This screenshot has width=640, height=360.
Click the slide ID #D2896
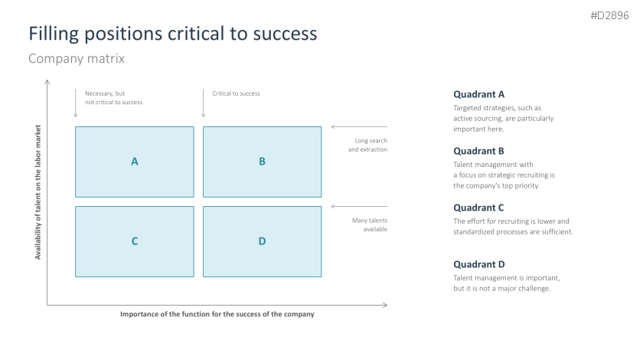click(609, 15)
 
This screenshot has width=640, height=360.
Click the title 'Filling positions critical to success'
click(172, 34)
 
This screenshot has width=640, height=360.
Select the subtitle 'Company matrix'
click(76, 59)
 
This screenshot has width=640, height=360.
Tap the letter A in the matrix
click(134, 162)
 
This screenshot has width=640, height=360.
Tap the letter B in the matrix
click(262, 162)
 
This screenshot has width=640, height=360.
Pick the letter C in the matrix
click(134, 241)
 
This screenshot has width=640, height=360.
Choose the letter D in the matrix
click(262, 241)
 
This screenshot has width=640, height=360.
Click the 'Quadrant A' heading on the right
click(478, 94)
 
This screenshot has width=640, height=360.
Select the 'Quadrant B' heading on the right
click(478, 151)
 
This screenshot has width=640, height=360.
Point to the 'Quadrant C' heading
click(478, 208)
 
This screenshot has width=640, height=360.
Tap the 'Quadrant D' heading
click(478, 264)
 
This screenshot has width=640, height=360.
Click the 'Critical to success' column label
click(236, 93)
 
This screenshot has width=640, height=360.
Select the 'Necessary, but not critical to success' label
click(113, 97)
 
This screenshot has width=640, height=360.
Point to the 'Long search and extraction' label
click(367, 145)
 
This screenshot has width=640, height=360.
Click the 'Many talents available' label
click(369, 224)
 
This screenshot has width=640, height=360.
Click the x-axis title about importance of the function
click(217, 314)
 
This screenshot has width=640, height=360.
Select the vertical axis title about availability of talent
click(38, 192)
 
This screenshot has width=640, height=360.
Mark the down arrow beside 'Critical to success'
click(203, 103)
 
